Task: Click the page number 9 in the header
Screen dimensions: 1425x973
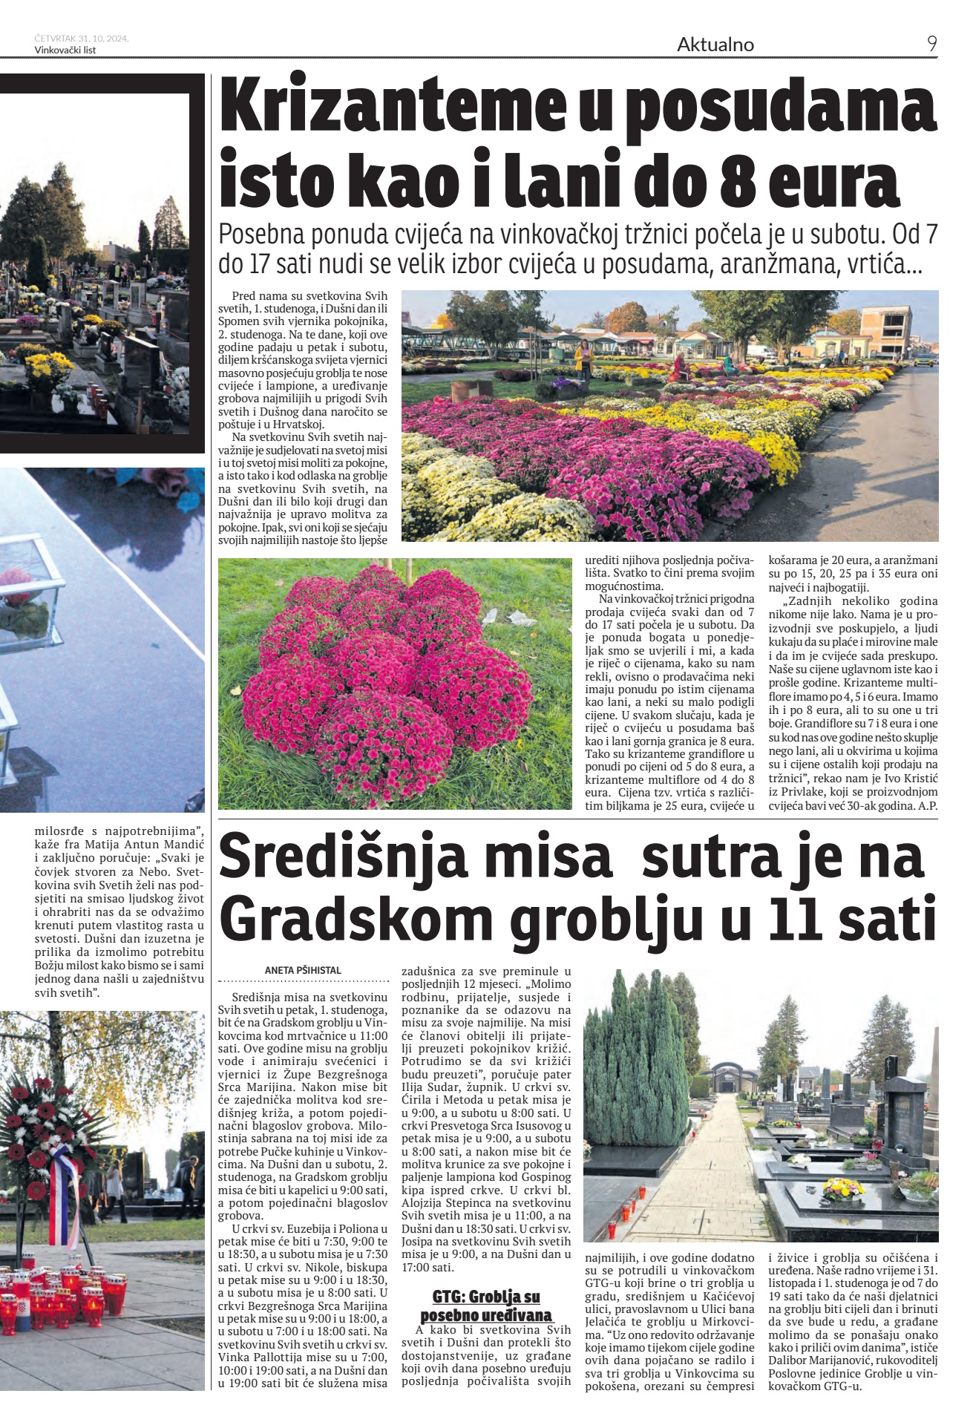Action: [x=931, y=44]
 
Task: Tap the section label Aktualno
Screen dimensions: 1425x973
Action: [x=715, y=45]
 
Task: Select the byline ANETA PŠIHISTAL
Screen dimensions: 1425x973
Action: [x=303, y=970]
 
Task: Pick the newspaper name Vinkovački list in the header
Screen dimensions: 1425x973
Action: [x=65, y=50]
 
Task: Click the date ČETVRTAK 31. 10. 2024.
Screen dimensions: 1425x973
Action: [x=82, y=39]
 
